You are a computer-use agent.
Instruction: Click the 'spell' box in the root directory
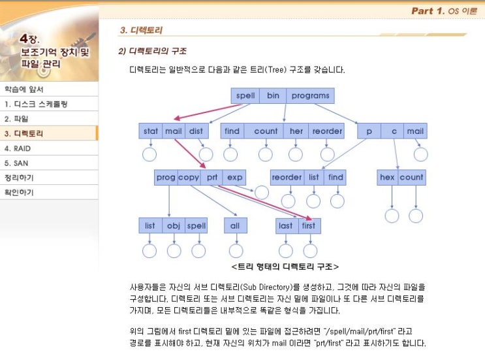pyautogui.click(x=245, y=95)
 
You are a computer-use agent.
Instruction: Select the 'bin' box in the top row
pyautogui.click(x=273, y=95)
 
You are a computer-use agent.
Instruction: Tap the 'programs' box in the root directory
pyautogui.click(x=310, y=95)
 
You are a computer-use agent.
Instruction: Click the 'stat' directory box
pyautogui.click(x=151, y=131)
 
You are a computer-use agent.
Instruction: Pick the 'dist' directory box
pyautogui.click(x=196, y=131)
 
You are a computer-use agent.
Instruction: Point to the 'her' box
pyautogui.click(x=296, y=131)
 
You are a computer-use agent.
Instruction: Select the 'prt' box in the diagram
pyautogui.click(x=212, y=177)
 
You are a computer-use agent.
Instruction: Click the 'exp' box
pyautogui.click(x=234, y=177)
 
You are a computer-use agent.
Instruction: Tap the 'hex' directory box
pyautogui.click(x=387, y=177)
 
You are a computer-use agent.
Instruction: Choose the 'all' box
pyautogui.click(x=236, y=225)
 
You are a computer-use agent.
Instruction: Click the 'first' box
pyautogui.click(x=309, y=225)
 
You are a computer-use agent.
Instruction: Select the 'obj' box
pyautogui.click(x=174, y=225)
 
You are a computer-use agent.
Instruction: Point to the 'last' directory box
pyautogui.click(x=287, y=225)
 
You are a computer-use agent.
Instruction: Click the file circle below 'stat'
pyautogui.click(x=149, y=154)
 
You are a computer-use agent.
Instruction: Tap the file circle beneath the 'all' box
pyautogui.click(x=236, y=251)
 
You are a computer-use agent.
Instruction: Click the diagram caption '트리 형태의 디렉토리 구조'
pyautogui.click(x=285, y=267)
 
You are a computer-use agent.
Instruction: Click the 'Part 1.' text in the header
pyautogui.click(x=428, y=11)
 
